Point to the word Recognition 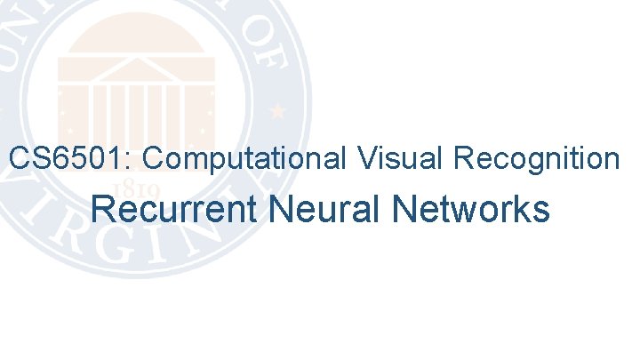(x=536, y=159)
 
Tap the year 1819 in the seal (x=140, y=189)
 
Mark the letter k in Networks (x=522, y=211)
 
